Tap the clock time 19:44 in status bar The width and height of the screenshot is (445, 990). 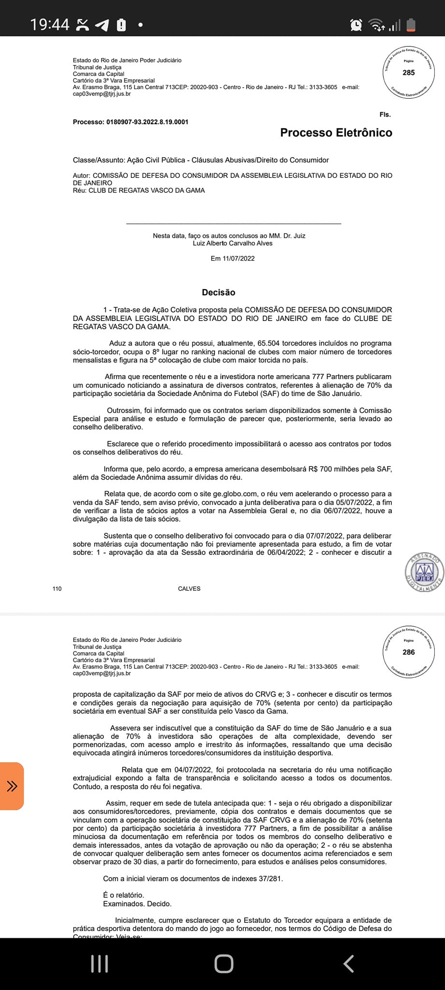click(x=50, y=24)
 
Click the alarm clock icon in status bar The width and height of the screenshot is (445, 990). click(x=356, y=25)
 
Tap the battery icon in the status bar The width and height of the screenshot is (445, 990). click(x=411, y=25)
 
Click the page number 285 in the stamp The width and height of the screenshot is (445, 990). click(x=408, y=73)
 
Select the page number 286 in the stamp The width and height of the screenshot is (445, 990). click(x=408, y=652)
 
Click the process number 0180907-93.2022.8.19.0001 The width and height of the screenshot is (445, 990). click(x=147, y=122)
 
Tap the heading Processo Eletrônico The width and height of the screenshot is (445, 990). click(x=336, y=132)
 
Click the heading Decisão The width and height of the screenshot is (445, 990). click(x=219, y=292)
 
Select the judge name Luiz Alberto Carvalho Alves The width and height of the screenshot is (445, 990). click(x=233, y=243)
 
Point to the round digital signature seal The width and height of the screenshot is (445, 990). click(x=424, y=572)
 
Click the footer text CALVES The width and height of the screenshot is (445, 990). click(x=189, y=588)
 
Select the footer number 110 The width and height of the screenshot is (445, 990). click(x=57, y=588)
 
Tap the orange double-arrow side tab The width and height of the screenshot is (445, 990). click(x=12, y=786)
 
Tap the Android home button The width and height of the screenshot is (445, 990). click(x=223, y=963)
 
